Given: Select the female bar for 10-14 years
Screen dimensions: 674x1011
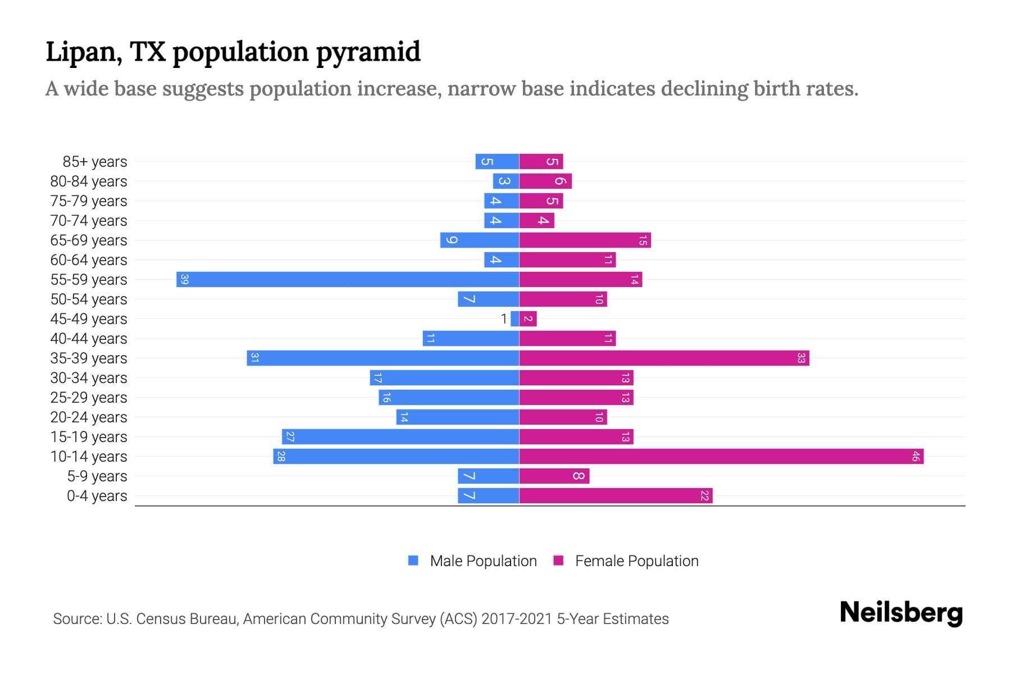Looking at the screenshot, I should tap(721, 456).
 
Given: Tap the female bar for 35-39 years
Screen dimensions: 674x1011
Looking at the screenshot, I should tap(664, 358).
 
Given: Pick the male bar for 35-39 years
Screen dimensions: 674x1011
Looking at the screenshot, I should tap(382, 358).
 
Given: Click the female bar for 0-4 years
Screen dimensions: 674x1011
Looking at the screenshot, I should tap(616, 495).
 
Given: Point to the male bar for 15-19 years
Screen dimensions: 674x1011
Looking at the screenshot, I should tap(400, 436).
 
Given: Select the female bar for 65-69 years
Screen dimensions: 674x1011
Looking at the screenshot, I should tap(585, 240).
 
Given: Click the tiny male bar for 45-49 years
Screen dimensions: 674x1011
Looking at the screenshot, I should tap(514, 319).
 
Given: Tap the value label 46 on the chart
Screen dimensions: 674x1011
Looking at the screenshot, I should tap(915, 456).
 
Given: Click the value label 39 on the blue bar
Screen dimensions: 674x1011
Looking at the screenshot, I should tap(184, 279).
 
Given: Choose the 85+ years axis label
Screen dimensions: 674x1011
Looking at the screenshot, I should tap(94, 162).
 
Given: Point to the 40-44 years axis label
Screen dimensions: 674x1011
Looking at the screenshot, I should tap(89, 339).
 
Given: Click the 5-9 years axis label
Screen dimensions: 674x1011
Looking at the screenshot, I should tap(97, 476).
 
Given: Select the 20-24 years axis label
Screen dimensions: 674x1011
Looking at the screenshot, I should tap(89, 417).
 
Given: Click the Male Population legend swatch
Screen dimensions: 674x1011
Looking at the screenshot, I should tap(413, 561).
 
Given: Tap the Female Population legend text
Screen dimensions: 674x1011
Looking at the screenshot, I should tap(636, 561).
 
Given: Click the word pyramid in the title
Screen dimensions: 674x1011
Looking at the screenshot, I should tap(368, 52).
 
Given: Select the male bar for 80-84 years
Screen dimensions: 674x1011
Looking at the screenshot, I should tap(505, 181).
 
